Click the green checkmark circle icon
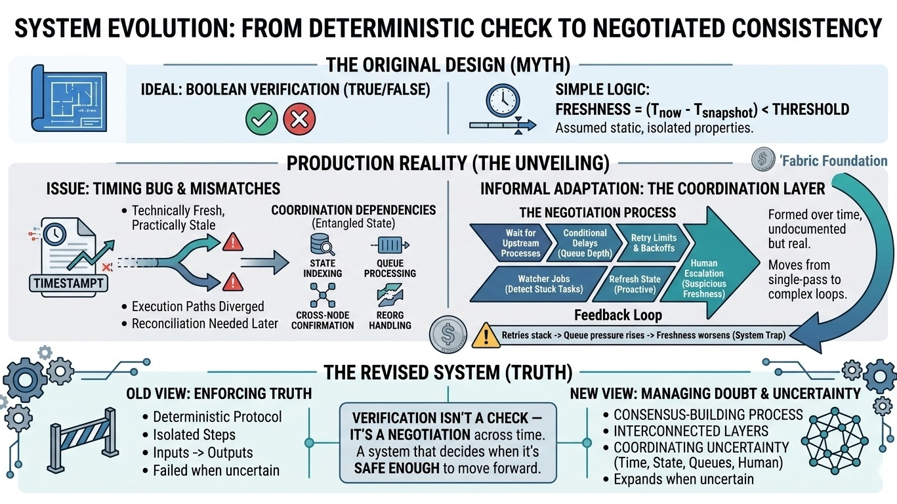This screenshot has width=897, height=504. click(261, 120)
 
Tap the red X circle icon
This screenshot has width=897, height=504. click(299, 120)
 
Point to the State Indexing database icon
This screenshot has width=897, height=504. click(322, 245)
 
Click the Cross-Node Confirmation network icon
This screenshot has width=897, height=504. click(322, 297)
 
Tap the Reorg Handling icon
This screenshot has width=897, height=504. click(390, 296)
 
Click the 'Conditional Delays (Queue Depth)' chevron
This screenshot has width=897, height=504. click(583, 243)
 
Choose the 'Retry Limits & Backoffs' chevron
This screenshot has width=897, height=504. click(652, 243)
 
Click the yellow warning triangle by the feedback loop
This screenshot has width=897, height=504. click(486, 335)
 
